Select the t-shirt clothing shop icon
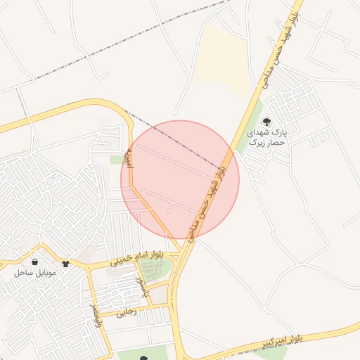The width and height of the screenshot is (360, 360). point(66,264)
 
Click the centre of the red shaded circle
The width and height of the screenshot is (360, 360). point(180,179)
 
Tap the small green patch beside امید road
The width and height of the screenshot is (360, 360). point(117,160)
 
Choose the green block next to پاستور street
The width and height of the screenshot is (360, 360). point(161,268)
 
